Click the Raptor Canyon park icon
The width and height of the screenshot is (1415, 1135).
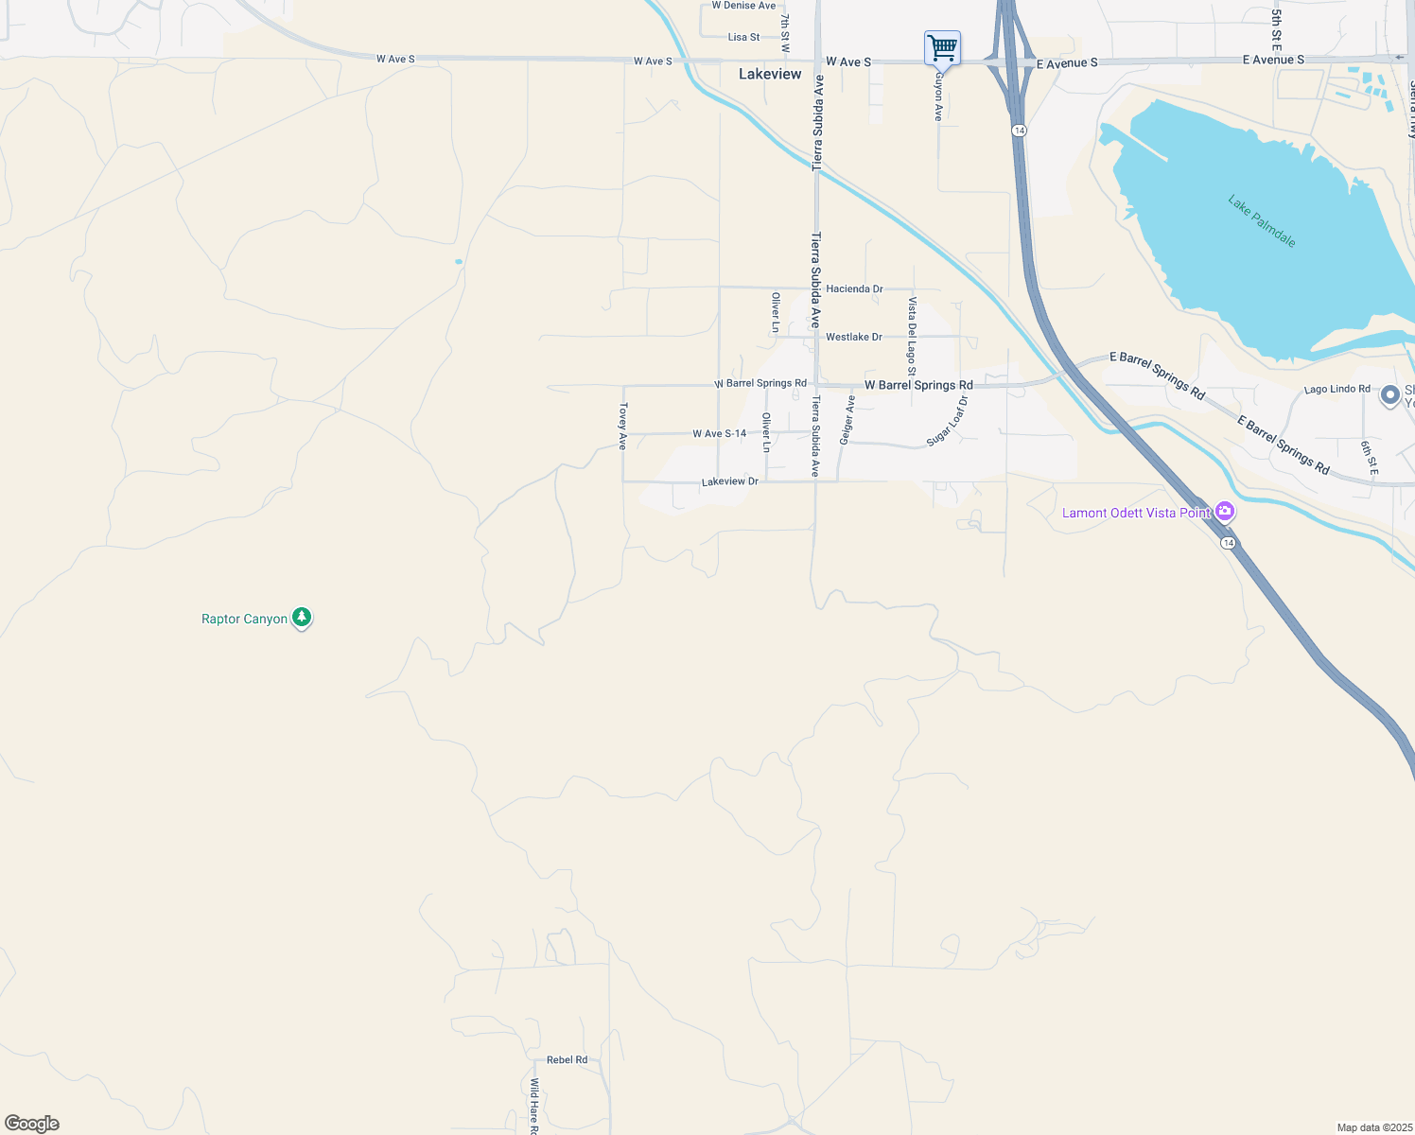[x=302, y=618]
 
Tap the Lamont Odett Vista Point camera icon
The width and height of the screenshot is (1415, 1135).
[x=1225, y=512]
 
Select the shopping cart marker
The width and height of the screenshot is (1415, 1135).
[x=942, y=47]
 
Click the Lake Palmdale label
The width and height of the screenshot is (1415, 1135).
[x=1261, y=220]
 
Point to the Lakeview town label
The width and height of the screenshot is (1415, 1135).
[x=770, y=74]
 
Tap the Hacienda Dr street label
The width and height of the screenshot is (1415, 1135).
[x=854, y=288]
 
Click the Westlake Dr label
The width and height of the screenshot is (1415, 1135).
[x=853, y=337]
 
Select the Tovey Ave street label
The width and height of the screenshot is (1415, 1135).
[x=622, y=426]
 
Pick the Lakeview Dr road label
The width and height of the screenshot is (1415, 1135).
[x=729, y=481]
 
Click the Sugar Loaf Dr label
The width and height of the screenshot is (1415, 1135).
[x=948, y=421]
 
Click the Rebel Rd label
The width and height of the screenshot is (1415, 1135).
[x=567, y=1059]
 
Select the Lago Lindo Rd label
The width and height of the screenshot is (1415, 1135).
[x=1336, y=389]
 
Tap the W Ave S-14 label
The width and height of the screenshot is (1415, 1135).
[x=719, y=433]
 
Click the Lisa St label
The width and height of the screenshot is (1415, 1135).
[x=743, y=37]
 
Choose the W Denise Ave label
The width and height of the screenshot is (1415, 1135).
[x=743, y=6]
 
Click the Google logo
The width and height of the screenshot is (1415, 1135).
[x=32, y=1124]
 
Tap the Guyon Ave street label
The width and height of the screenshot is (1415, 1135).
[x=938, y=97]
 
